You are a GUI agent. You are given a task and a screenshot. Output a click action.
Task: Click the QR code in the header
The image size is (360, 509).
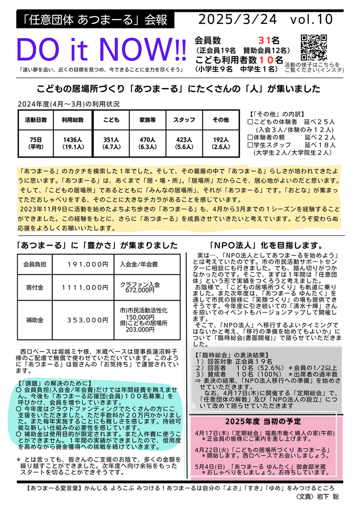coord(313,47)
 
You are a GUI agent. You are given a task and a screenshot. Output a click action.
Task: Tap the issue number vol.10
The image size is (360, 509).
coord(311,19)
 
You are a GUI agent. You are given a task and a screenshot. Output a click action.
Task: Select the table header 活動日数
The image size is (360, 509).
coord(36,120)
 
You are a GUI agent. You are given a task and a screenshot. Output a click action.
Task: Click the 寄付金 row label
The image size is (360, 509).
coord(35,288)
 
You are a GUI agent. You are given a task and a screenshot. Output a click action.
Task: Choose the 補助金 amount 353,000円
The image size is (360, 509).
coord(88,320)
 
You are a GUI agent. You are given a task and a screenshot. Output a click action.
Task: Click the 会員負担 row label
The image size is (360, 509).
coord(35,264)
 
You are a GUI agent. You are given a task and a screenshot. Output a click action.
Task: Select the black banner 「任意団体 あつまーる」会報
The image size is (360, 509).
coord(96,20)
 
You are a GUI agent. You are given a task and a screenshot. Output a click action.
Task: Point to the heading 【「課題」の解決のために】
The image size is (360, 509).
coord(53,383)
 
